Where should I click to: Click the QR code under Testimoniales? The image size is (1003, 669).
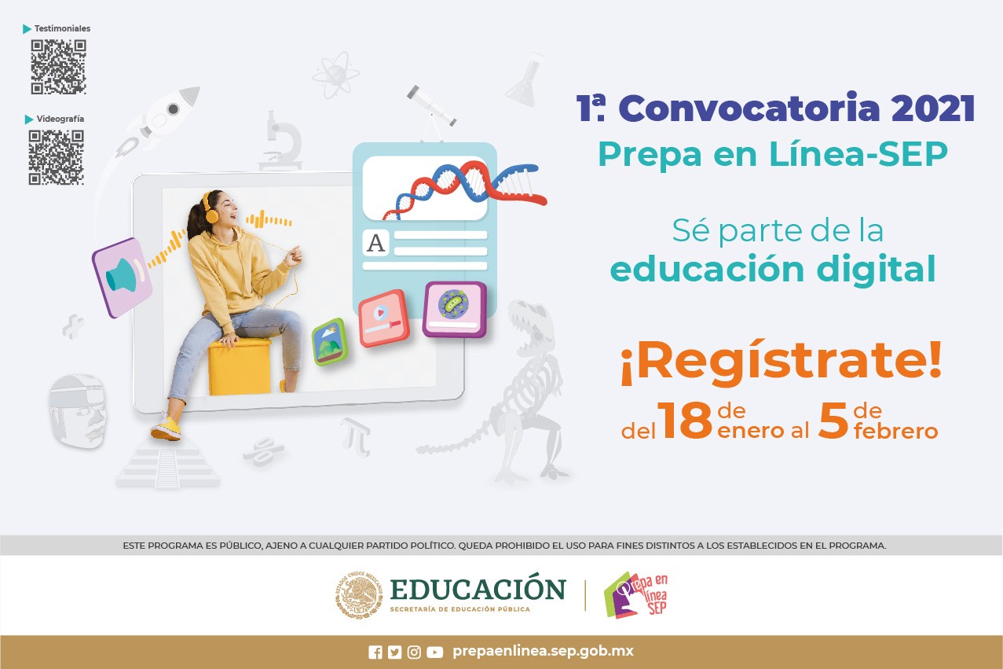58,67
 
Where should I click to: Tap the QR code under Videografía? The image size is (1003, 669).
57,157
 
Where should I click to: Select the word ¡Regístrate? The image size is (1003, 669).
781,363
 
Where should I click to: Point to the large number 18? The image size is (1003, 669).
685,421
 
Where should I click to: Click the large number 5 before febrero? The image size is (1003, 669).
833,421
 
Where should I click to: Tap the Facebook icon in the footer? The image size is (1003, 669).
375,652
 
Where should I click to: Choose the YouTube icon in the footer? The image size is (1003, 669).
434,652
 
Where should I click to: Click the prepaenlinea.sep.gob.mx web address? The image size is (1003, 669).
543,652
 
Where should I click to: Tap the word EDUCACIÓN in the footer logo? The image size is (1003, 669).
478,589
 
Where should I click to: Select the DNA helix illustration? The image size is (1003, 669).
463,189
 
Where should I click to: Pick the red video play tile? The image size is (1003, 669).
383,318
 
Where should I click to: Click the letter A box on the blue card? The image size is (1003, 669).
376,243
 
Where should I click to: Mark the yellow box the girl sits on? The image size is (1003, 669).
239,366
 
